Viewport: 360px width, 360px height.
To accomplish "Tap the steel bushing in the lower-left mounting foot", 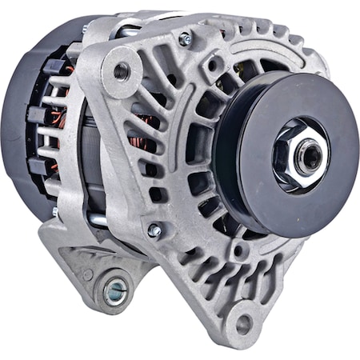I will click(114, 290).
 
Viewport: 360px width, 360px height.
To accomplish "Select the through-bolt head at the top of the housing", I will click(186, 38).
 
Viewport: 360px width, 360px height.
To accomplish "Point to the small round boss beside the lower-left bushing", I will click(86, 274).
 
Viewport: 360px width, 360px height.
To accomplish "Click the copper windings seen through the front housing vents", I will click(148, 124).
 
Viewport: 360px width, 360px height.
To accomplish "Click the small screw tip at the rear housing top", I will click(85, 30).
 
